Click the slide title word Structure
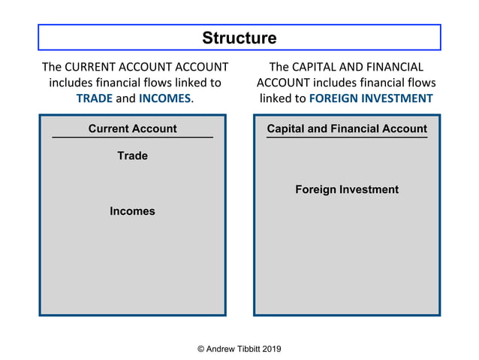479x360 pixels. [239, 38]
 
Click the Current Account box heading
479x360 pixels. [132, 129]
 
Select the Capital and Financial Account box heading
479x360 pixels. [347, 129]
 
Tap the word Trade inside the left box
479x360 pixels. [132, 156]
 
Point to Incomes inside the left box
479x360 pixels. [132, 211]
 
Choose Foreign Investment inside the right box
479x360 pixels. [347, 189]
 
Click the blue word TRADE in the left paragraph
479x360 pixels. [94, 98]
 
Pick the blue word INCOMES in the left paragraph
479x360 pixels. [164, 98]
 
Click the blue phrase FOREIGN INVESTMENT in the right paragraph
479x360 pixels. [371, 98]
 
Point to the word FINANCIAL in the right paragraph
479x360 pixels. [395, 67]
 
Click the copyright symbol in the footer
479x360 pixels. [200, 349]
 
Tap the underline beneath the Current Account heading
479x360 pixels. [132, 138]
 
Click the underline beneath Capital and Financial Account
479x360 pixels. [347, 138]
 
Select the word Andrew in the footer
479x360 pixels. [217, 349]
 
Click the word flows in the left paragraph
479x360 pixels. [158, 83]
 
